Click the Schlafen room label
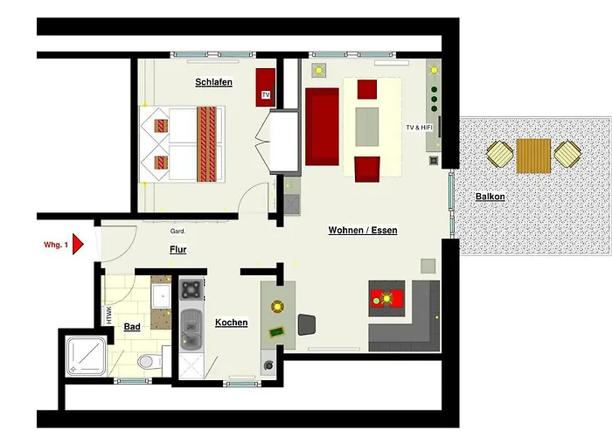tap(213, 82)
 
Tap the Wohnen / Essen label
tap(363, 231)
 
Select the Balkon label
tap(490, 197)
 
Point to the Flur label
tap(177, 250)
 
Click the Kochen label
tap(231, 323)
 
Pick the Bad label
tap(132, 327)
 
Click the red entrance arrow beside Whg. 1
tap(78, 244)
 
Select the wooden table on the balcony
tap(533, 156)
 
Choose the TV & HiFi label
tap(420, 128)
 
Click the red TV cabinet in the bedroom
tap(265, 86)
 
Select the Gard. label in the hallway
tap(179, 232)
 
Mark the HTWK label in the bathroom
tap(109, 315)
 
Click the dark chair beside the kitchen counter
tap(307, 324)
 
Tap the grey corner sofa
tap(411, 328)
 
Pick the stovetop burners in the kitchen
tap(190, 288)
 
